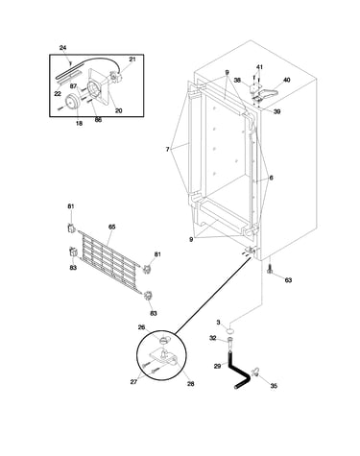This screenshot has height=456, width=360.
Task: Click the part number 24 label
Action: coord(62,48)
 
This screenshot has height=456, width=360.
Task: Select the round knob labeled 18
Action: coord(72,102)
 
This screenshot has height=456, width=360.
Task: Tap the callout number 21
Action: coord(132,60)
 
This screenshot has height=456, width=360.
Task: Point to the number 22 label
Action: coord(58,93)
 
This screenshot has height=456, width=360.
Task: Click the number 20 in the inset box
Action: coord(118,110)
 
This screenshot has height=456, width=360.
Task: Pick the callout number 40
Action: coord(287,80)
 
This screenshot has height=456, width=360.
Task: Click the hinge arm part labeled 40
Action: coord(267,93)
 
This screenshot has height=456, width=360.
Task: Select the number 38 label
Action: coord(237,81)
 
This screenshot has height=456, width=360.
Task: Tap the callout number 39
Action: coord(276,111)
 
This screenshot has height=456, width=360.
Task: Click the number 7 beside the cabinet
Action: coord(167,149)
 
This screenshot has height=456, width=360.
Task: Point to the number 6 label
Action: coord(271,178)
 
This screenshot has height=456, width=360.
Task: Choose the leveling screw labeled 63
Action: coord(270,269)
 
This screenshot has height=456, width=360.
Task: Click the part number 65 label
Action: coord(111,227)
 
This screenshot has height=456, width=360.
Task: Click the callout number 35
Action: coord(274,386)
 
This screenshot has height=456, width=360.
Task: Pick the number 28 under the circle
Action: coord(190,384)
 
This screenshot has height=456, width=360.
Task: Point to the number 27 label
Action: coord(133,382)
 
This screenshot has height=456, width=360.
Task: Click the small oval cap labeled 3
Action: coord(230,329)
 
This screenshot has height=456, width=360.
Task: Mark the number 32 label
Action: coord(213,338)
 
